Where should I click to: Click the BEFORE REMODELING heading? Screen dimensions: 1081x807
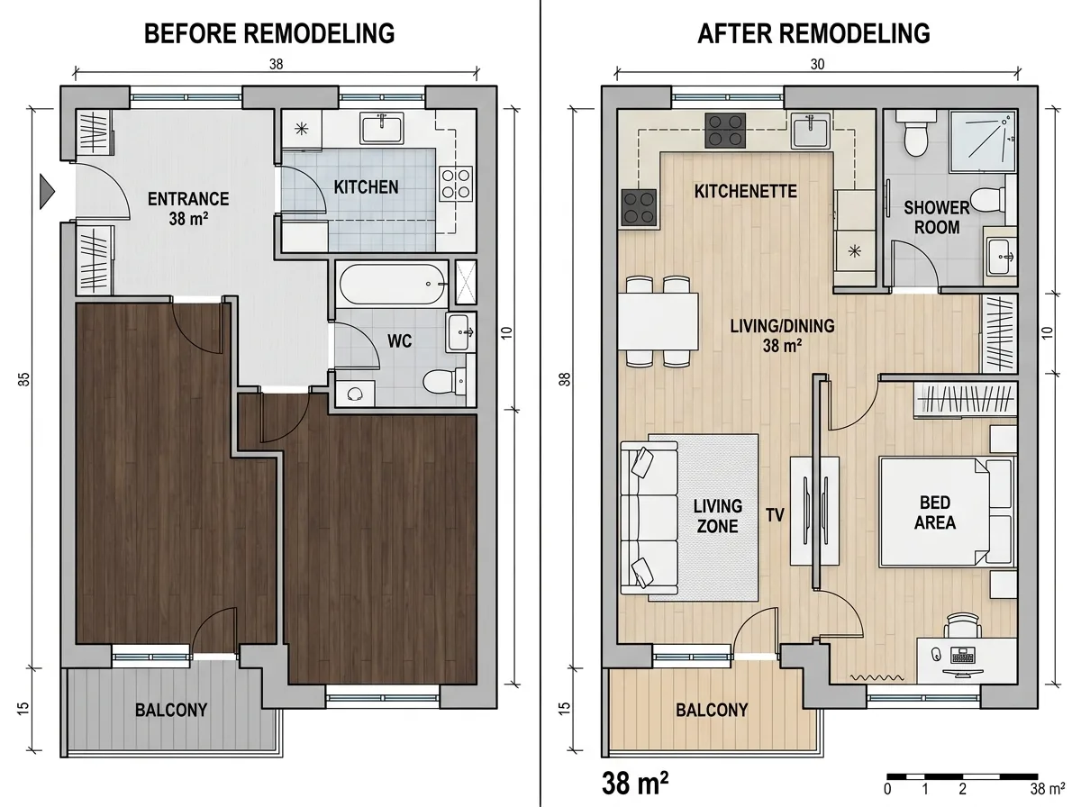269,33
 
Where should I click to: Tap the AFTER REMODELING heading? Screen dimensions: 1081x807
813,33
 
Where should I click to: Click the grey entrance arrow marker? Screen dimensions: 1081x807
47,192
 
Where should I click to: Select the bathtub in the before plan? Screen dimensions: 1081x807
392,284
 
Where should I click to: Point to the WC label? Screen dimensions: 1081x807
399,340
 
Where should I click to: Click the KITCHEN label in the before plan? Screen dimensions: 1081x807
366,187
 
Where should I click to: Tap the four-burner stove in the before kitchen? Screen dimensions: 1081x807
456,184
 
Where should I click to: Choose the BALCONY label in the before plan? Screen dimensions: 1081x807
171,710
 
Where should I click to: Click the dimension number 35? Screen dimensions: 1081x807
23,379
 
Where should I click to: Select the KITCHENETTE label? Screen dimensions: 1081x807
745,191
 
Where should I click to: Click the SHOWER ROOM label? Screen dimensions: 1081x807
937,218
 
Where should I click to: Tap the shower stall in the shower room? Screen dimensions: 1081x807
983,141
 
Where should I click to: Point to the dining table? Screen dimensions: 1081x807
658,321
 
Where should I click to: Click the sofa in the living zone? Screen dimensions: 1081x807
650,518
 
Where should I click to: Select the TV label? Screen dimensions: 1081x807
775,515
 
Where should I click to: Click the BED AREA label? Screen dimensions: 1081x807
935,512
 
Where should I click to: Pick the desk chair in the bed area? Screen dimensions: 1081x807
963,625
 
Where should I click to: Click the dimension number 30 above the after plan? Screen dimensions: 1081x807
817,64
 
